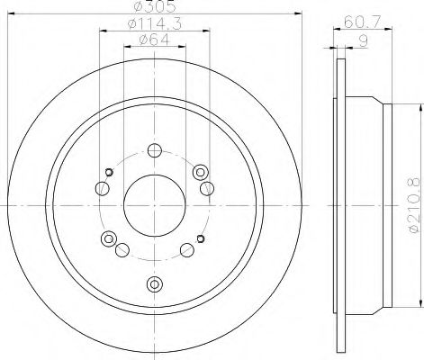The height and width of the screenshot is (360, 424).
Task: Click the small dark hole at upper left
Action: (x=110, y=173)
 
